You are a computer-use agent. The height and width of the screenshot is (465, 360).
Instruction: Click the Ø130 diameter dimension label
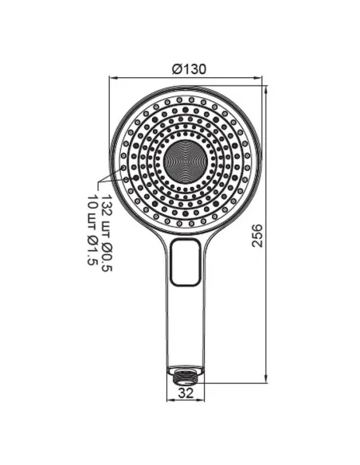[x=190, y=69]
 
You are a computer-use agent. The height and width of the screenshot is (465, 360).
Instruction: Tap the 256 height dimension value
[x=257, y=236]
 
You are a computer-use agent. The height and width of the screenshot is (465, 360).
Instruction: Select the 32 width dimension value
[x=186, y=393]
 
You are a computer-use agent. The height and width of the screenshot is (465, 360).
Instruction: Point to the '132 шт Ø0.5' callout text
[x=106, y=233]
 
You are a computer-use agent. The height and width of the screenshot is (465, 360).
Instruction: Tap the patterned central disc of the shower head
[x=186, y=162]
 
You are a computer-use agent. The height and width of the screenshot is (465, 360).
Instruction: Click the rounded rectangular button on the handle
[x=185, y=262]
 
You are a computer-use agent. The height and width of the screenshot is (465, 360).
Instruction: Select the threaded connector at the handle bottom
[x=186, y=375]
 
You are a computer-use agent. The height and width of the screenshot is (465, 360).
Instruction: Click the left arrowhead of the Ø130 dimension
[x=113, y=78]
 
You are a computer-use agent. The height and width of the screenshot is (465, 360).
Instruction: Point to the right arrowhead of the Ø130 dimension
[x=259, y=78]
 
